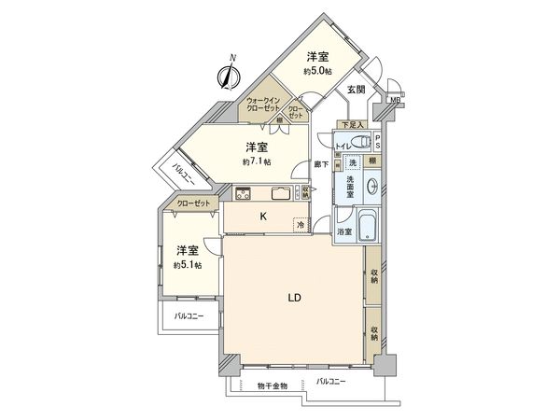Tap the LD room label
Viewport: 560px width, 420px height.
[x=292, y=298]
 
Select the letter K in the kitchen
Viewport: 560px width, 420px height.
[x=263, y=217]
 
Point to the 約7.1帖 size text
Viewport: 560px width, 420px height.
[x=256, y=161]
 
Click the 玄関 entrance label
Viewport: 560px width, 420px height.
[x=356, y=90]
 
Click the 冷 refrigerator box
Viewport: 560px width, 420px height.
[x=301, y=225]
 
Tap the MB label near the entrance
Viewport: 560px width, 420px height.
[x=395, y=101]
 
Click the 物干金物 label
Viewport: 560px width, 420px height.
[x=271, y=385]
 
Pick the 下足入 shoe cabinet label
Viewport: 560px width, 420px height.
[x=351, y=124]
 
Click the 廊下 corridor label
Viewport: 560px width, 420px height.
[x=319, y=164]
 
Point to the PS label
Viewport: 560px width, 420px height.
[x=378, y=142]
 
